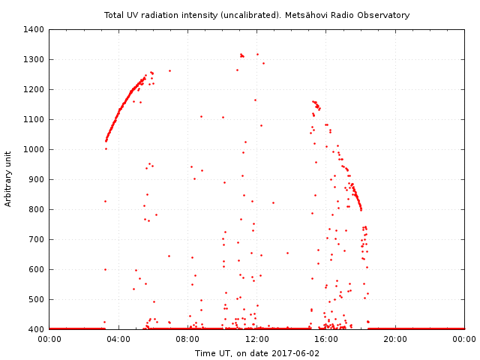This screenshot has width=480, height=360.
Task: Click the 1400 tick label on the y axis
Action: pos(34,29)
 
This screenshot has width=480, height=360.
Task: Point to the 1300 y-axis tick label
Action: pos(34,59)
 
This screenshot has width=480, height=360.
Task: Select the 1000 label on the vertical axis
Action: pos(34,149)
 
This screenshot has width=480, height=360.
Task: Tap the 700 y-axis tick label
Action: pos(36,239)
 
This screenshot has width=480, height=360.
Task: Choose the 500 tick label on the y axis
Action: pos(36,299)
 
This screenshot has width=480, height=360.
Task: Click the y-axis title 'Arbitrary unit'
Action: pos(9,179)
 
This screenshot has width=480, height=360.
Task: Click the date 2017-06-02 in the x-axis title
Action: pos(295,353)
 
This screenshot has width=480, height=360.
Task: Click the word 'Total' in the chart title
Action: pos(115,15)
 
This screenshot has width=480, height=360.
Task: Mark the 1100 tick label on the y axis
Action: pos(34,119)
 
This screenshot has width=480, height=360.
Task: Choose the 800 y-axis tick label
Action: pos(36,209)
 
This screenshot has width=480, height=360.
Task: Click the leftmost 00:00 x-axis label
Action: pos(49,339)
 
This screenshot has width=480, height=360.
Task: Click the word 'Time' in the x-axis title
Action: pos(205,353)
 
